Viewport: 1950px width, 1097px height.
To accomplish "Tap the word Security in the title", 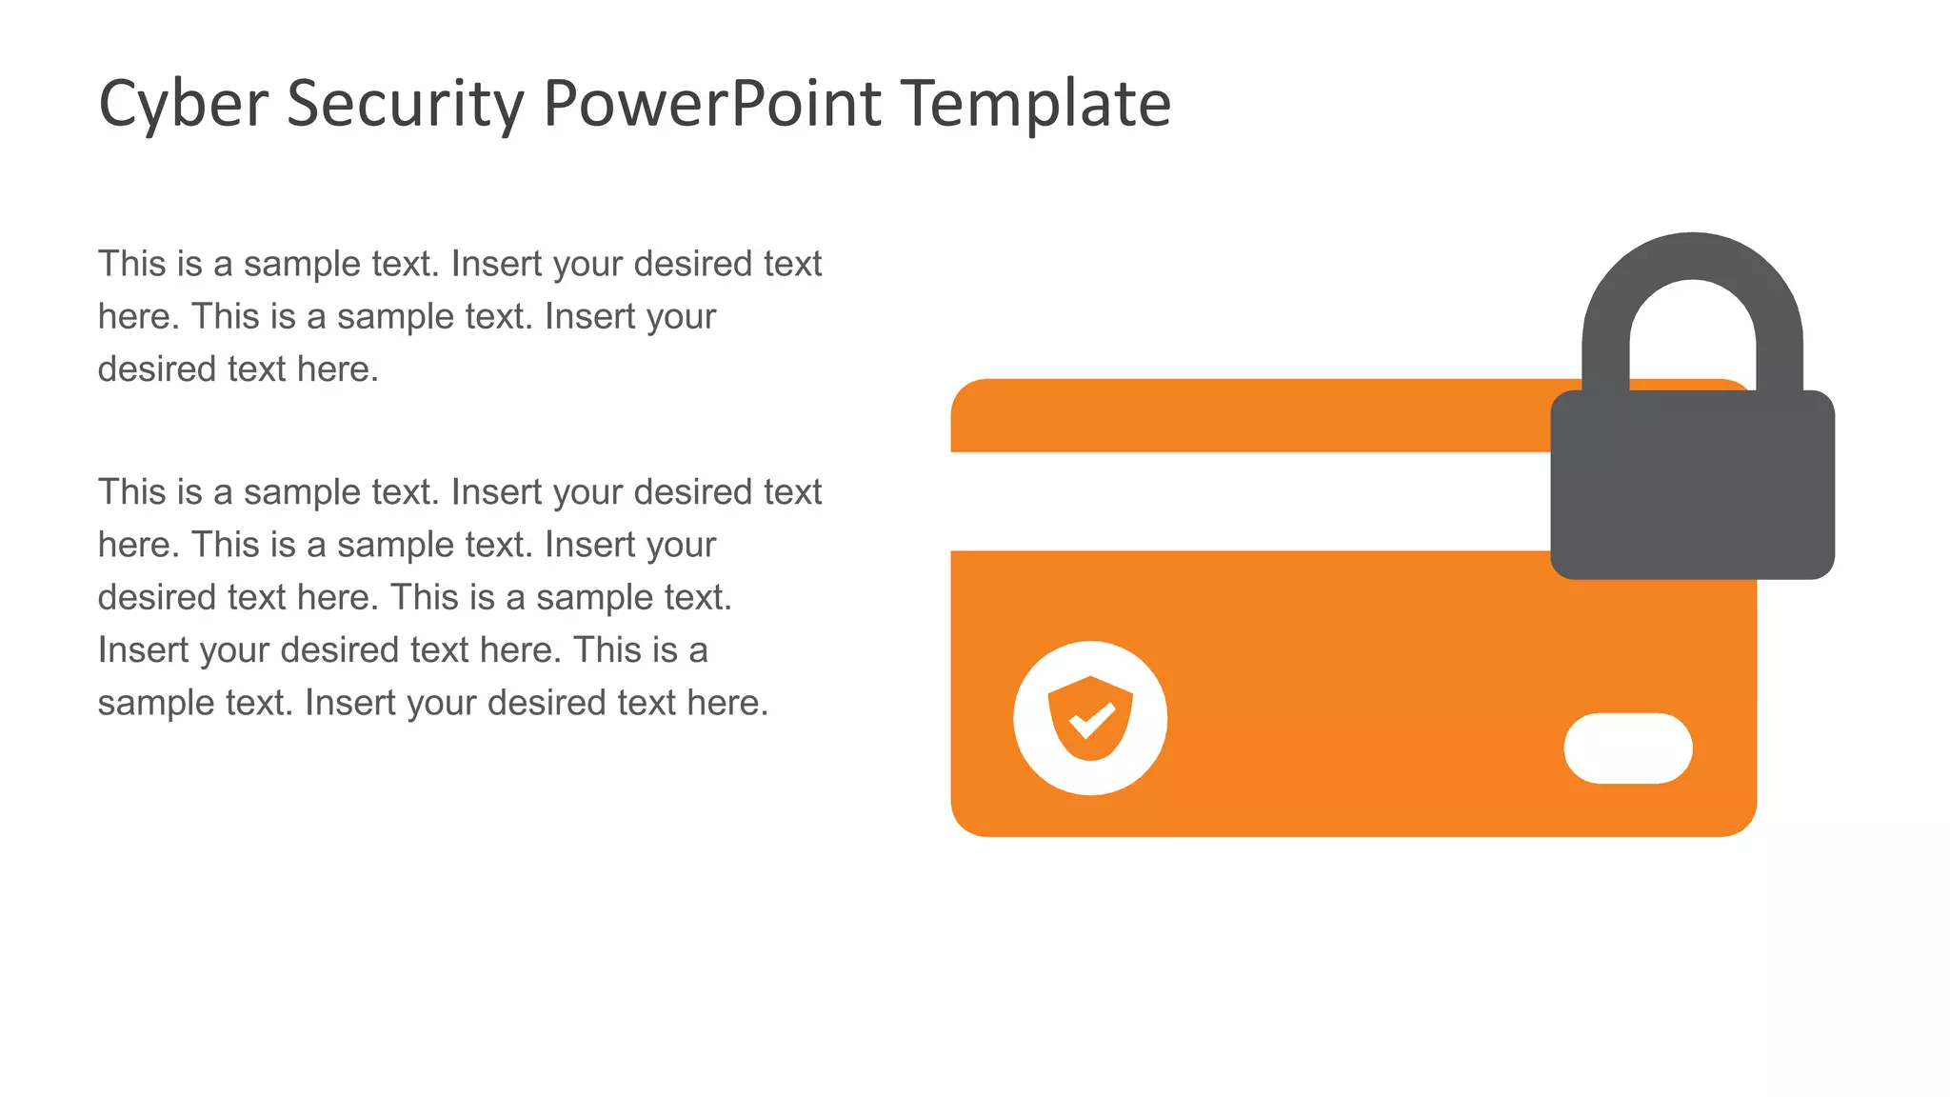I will tap(405, 105).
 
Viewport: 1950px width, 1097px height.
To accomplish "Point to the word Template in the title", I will tap(1036, 105).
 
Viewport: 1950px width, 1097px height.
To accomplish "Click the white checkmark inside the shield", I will tap(1092, 720).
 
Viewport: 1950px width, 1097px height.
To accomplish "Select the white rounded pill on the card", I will tap(1627, 748).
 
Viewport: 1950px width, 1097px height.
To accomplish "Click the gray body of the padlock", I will tap(1692, 486).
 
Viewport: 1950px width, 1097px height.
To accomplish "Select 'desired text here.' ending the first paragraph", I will tap(238, 369).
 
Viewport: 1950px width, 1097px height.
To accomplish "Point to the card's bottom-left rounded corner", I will tap(967, 821).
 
